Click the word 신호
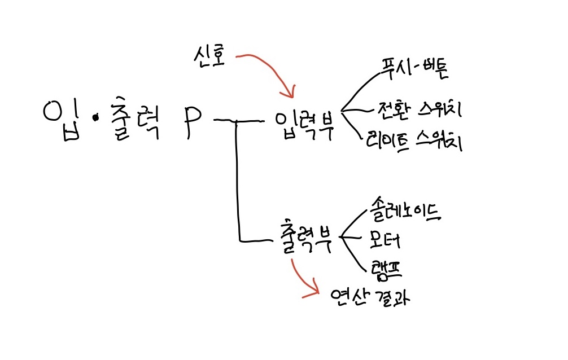208,56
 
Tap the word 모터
386,240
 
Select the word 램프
387,268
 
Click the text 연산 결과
370,297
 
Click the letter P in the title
191,120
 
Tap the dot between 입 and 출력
95,118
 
